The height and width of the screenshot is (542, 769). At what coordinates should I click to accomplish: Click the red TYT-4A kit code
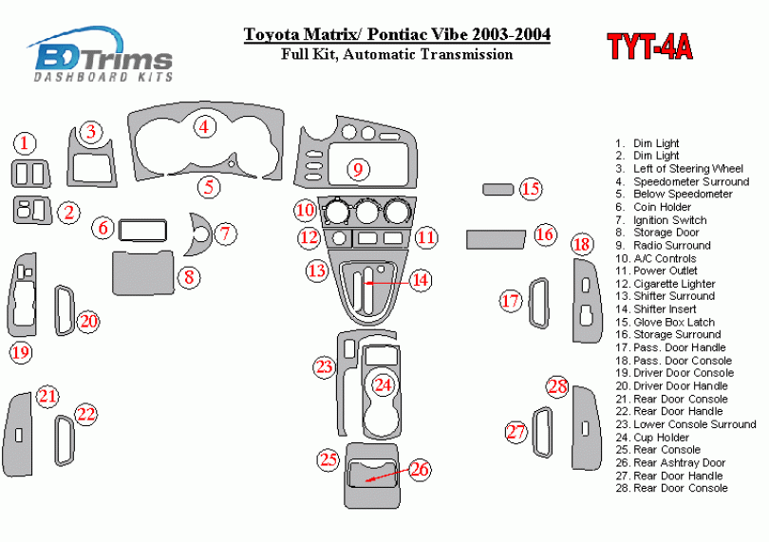tap(649, 47)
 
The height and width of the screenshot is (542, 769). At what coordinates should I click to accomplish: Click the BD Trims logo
tap(101, 54)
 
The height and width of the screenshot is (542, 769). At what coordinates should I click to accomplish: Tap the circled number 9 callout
tap(358, 170)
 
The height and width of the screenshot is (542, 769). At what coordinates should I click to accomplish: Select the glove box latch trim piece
tap(497, 189)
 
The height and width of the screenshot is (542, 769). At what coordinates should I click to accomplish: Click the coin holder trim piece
tap(142, 231)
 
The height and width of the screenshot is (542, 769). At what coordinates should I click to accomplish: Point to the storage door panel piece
tap(143, 272)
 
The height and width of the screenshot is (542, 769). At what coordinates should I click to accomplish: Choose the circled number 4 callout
tap(204, 127)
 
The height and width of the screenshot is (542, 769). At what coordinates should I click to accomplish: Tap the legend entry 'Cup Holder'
tap(661, 437)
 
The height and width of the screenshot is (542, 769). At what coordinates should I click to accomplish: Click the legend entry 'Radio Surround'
tap(672, 245)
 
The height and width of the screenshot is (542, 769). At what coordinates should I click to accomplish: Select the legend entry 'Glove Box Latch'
tap(674, 322)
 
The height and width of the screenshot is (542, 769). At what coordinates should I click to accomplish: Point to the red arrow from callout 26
tap(387, 475)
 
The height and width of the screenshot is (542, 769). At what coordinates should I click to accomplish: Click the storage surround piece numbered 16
tap(496, 239)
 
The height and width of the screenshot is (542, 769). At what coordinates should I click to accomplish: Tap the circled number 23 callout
tap(324, 367)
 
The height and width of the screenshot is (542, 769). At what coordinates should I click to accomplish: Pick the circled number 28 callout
tap(557, 386)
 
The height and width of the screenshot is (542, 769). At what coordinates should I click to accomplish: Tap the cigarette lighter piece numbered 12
tap(338, 239)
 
